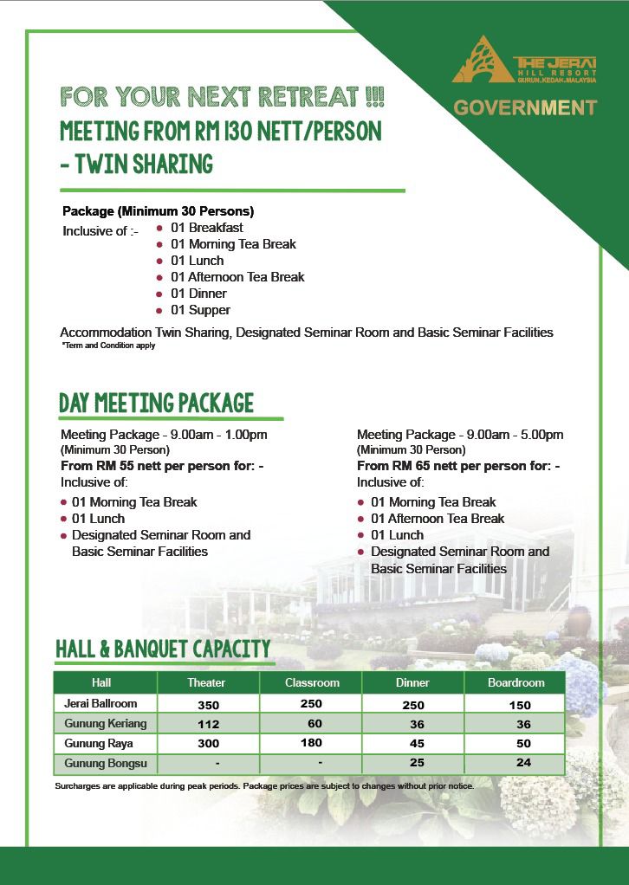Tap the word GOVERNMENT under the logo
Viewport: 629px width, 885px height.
point(526,108)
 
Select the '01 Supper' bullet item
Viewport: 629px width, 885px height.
point(200,310)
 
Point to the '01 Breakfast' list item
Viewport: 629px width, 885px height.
point(206,228)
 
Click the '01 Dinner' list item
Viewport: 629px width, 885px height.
point(198,294)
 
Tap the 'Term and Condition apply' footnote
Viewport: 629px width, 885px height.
point(107,346)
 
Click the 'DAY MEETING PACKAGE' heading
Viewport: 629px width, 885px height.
point(156,404)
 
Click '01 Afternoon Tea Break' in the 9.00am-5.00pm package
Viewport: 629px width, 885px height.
point(438,519)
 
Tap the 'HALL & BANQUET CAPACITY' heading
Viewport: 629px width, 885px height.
point(163,649)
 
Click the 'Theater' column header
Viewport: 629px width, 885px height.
point(206,682)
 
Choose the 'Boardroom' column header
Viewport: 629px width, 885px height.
point(516,682)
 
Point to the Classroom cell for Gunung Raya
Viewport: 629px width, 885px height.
point(312,743)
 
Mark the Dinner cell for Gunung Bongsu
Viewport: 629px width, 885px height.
point(413,763)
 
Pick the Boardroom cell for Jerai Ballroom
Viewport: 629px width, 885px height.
point(520,705)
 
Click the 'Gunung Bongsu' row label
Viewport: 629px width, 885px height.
point(99,763)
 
